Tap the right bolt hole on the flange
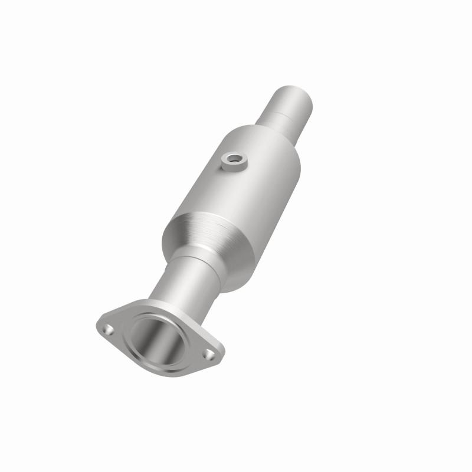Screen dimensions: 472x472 click(209, 354)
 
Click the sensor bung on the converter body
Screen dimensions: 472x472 click(234, 162)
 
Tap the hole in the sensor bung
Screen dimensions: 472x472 click(235, 158)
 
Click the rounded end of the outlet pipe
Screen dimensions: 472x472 click(293, 96)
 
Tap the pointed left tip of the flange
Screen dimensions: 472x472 click(98, 324)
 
